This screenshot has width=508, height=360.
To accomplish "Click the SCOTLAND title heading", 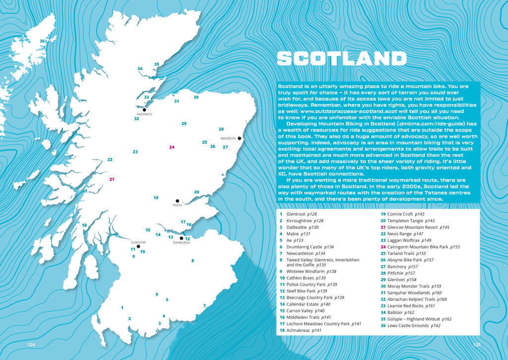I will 342,59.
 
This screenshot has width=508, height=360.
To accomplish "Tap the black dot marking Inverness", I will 144,110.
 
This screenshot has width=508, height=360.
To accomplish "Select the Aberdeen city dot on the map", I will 239,138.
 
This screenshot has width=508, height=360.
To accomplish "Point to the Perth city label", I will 178,205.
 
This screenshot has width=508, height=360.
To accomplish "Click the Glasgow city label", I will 138,242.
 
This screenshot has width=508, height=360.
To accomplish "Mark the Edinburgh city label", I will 182,242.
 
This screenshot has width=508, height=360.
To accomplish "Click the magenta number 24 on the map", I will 172,147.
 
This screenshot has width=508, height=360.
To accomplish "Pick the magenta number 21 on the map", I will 112,180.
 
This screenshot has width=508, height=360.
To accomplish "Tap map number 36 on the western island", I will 42,41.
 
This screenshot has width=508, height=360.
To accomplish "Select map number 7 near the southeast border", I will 204,306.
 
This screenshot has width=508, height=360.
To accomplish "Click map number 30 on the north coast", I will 196,98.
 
